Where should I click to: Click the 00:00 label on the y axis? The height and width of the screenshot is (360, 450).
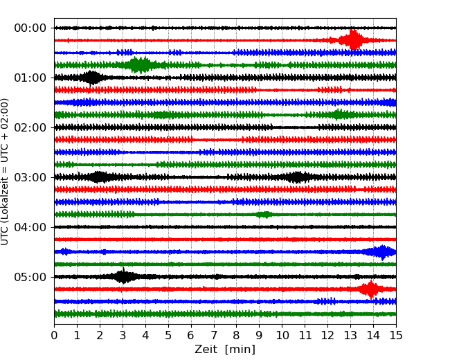[30, 28]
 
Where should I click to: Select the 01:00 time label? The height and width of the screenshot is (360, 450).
[30, 78]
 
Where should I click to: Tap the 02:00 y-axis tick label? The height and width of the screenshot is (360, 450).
[30, 127]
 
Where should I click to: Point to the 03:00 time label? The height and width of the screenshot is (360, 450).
[30, 177]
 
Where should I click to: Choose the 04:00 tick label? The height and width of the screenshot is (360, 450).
[30, 227]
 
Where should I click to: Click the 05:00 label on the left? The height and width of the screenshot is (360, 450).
[30, 277]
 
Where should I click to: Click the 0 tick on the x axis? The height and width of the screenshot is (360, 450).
[54, 336]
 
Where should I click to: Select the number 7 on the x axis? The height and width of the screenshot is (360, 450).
[214, 336]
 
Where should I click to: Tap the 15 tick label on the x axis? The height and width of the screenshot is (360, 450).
[396, 336]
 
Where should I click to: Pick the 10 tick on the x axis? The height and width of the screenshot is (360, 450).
[282, 336]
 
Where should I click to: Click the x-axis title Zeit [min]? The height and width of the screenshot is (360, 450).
[225, 350]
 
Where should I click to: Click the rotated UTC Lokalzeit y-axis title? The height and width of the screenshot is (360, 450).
[6, 171]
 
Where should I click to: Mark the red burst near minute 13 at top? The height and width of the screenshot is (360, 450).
[354, 40]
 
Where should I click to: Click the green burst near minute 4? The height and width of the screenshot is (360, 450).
[141, 65]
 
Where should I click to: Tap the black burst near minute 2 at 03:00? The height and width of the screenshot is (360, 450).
[100, 177]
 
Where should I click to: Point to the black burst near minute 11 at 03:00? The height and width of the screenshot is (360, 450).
[298, 177]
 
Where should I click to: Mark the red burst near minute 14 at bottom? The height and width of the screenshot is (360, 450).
[371, 289]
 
